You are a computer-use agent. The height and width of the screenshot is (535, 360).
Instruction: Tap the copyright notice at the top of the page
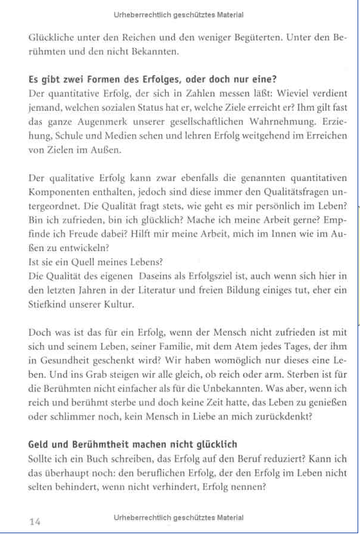click(178, 14)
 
